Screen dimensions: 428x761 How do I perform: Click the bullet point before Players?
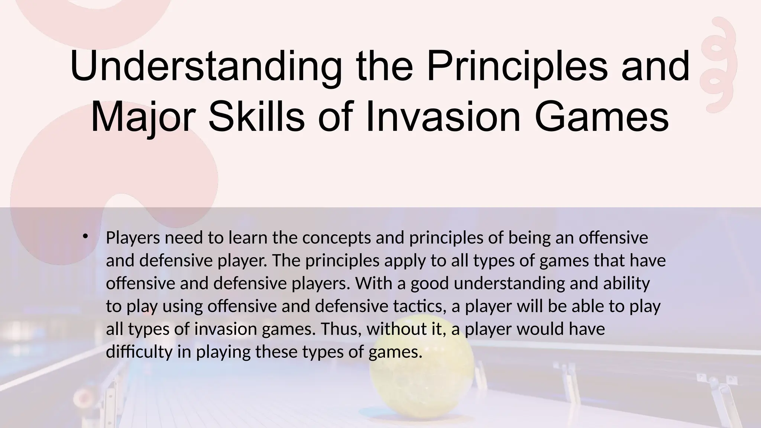(85, 236)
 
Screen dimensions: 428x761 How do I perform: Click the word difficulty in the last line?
(139, 352)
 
